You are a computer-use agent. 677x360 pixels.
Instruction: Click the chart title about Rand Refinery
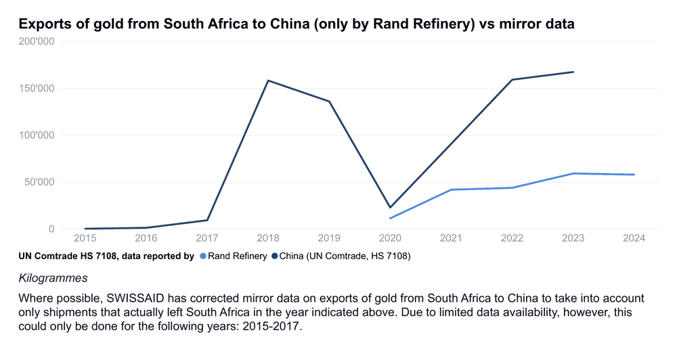(297, 24)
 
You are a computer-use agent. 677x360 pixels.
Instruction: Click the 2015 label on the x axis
(85, 238)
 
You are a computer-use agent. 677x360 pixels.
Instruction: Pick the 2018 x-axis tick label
(268, 238)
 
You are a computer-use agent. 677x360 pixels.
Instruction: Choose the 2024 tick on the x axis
(634, 238)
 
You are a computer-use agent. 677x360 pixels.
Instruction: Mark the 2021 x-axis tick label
(452, 238)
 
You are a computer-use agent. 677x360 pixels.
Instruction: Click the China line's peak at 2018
(268, 81)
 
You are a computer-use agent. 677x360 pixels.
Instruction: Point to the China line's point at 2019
(329, 102)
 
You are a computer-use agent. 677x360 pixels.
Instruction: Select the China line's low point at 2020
(390, 207)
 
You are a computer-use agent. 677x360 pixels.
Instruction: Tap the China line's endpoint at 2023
(573, 72)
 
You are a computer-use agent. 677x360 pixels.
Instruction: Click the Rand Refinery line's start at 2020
(390, 218)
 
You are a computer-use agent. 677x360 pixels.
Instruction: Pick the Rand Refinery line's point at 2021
(452, 189)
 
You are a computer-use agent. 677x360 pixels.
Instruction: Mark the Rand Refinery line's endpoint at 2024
(634, 175)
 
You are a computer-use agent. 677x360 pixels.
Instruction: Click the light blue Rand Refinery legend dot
(202, 256)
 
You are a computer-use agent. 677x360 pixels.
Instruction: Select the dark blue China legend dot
(274, 256)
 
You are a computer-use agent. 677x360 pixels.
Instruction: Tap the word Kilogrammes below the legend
(53, 278)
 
